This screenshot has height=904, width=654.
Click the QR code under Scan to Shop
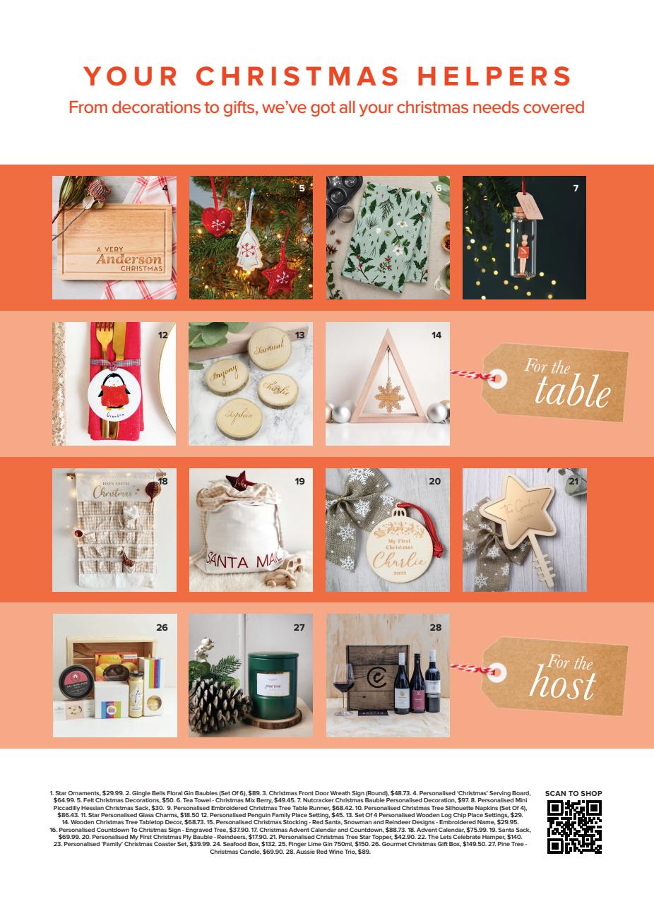[574, 827]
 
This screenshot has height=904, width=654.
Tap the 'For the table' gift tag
[554, 382]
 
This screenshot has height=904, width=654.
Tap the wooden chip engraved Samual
[268, 349]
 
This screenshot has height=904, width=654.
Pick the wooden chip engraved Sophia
[238, 415]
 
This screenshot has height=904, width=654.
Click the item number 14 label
[436, 335]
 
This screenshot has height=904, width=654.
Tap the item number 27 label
[299, 627]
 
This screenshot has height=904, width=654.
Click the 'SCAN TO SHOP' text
[573, 793]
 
